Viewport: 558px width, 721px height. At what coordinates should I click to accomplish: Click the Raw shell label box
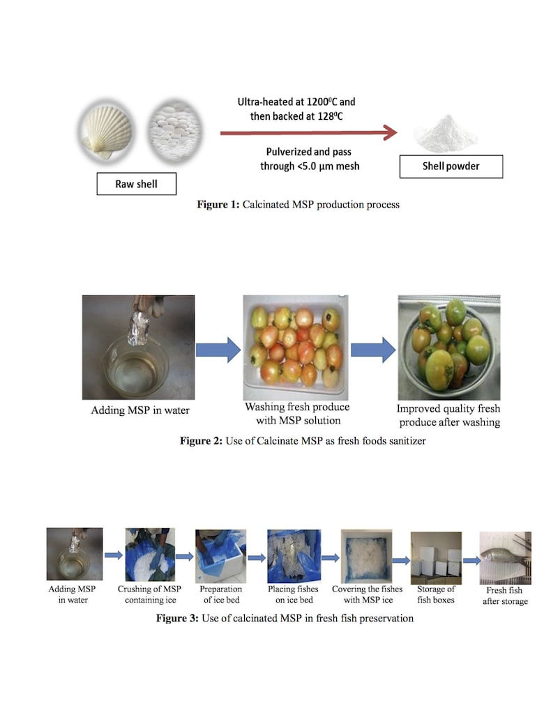pos(136,184)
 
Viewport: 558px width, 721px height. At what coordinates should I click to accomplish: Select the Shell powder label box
pos(451,166)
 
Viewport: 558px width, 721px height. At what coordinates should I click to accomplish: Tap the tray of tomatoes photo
pos(294,346)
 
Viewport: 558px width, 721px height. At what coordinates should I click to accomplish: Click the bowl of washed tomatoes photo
pos(449,347)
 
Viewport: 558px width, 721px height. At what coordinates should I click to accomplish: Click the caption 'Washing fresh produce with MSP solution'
pos(296,414)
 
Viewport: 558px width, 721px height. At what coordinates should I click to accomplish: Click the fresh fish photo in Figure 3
pos(505,557)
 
